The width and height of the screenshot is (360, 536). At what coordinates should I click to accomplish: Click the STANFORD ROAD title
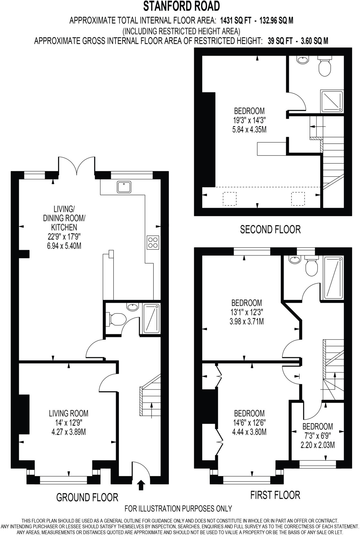point(181,6)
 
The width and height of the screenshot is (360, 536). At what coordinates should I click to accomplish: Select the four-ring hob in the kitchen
point(153,242)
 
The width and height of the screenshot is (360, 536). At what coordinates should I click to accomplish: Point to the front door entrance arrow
point(141,485)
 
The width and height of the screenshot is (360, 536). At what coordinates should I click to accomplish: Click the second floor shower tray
point(332,101)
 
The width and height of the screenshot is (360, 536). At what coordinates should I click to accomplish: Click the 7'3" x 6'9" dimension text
point(318,436)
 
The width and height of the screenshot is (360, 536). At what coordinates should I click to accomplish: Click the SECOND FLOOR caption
point(270,230)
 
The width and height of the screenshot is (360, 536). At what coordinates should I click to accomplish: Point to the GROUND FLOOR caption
point(87,497)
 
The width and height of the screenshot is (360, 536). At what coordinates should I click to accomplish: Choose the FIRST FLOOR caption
point(275,495)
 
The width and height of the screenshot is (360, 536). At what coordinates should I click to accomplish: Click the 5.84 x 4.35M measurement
point(249,129)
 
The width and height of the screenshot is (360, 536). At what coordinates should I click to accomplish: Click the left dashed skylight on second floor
point(229,199)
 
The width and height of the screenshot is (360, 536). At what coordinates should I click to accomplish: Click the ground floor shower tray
point(151,318)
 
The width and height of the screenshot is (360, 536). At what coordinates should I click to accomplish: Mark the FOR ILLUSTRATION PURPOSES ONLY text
point(178,509)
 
